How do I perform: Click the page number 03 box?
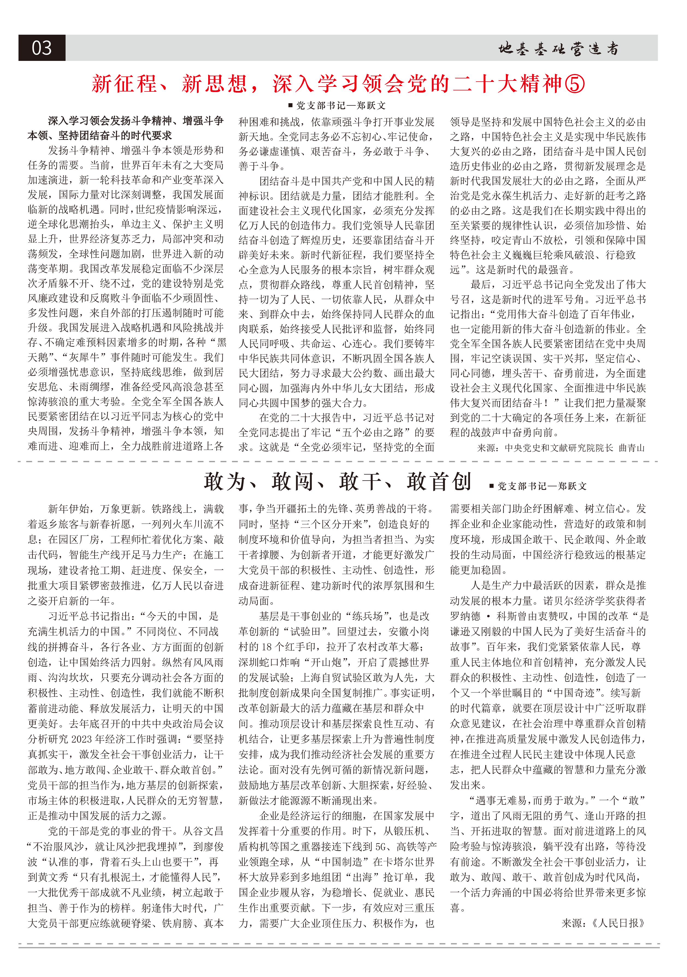coord(42,48)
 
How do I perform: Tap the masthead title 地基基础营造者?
coord(558,49)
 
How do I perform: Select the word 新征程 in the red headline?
coord(124,84)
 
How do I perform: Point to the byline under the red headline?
coord(337,105)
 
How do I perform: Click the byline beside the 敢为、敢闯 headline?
coord(538,486)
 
